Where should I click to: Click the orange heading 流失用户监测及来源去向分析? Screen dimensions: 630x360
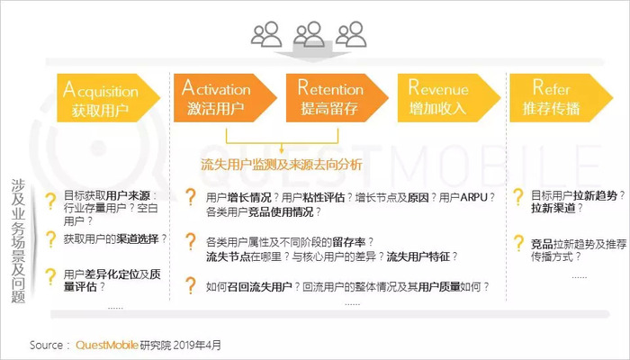281,165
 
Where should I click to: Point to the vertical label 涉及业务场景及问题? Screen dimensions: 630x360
19,240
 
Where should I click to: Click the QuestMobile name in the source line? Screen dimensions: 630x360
107,345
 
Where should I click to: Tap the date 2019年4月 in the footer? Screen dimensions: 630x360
197,345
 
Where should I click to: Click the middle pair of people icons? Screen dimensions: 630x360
309,34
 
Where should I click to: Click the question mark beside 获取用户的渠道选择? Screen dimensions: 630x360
50,239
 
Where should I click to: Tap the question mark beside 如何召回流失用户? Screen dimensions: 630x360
191,285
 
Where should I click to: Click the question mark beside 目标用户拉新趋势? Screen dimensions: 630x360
518,197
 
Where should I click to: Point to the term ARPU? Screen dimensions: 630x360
473,197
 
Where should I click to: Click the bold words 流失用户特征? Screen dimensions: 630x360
418,256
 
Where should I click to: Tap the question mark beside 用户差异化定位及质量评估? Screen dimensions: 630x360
50,277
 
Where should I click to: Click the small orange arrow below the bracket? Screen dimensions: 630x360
281,148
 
